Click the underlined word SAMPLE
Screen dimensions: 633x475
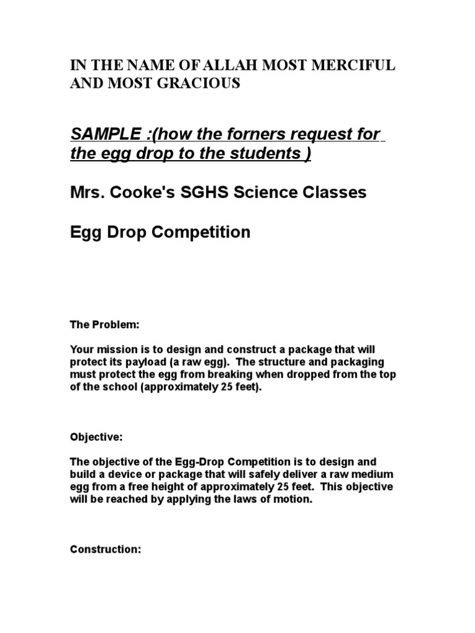pos(103,135)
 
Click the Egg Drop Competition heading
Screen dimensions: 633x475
pos(160,232)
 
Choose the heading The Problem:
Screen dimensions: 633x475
pos(100,325)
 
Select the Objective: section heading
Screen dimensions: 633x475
pos(96,437)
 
